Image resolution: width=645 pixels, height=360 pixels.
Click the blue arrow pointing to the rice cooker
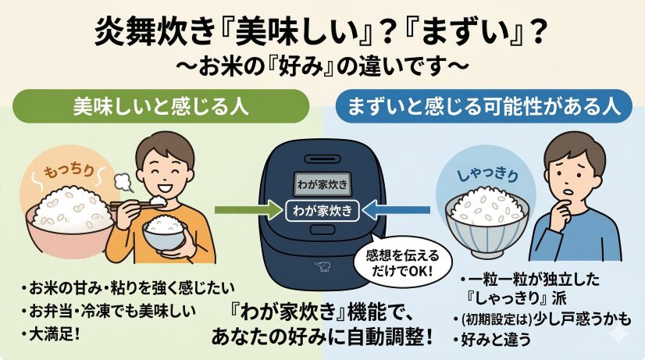[x=397, y=210]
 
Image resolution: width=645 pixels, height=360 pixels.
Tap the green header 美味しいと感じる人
[x=160, y=106]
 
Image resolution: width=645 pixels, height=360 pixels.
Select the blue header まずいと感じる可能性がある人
[x=484, y=106]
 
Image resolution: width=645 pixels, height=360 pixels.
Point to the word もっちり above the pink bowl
[x=69, y=170]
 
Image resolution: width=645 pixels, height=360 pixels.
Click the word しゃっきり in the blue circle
[x=488, y=175]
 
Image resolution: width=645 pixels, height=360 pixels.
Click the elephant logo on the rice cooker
[x=322, y=266]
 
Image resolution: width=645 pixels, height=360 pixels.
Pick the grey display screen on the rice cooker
[x=322, y=184]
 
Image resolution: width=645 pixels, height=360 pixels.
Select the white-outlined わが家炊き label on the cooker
[x=322, y=211]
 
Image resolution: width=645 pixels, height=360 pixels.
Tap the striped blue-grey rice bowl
[x=487, y=218]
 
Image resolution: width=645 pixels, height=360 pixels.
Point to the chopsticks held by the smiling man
[x=132, y=204]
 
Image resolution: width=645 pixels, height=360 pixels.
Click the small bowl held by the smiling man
[x=164, y=233]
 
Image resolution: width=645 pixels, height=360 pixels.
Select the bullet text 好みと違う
[x=492, y=340]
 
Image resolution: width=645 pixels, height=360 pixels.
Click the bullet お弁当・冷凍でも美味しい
[x=109, y=311]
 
